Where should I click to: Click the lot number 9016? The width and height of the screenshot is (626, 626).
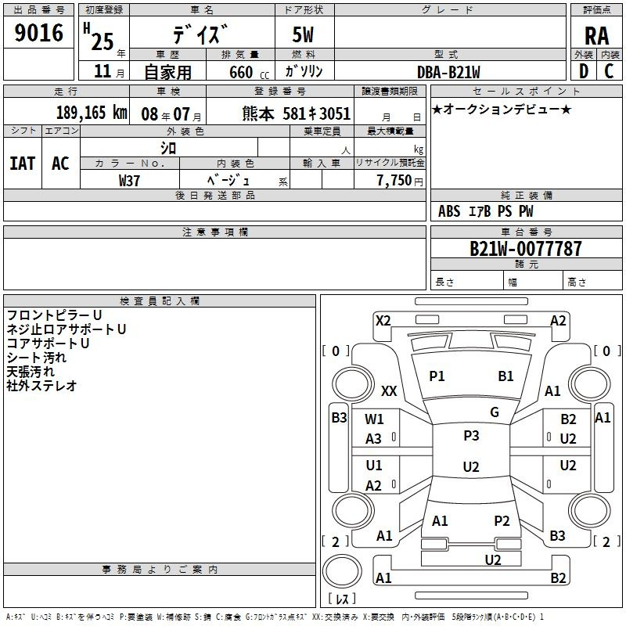tap(38, 33)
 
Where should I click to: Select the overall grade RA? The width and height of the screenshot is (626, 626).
tap(596, 36)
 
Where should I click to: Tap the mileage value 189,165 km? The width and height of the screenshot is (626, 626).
tap(92, 113)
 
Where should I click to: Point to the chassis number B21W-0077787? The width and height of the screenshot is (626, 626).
tap(525, 248)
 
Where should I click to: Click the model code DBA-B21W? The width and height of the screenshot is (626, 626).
tap(448, 72)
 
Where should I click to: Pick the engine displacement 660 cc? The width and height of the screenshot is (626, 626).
tap(249, 72)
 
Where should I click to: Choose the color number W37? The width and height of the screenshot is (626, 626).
tap(129, 181)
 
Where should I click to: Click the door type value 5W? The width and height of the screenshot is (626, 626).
tap(303, 34)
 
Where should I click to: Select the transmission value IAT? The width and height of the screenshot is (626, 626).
tap(23, 164)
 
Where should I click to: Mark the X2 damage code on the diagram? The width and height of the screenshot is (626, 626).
tap(383, 321)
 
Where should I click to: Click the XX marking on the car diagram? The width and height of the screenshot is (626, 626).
tap(389, 390)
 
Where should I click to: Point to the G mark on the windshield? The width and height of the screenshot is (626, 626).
tap(495, 412)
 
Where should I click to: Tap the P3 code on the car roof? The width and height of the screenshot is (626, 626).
tap(471, 435)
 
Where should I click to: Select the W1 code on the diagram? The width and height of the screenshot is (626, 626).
tap(374, 419)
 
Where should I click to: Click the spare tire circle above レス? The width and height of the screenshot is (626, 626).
tap(342, 570)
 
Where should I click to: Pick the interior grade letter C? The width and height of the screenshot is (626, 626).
tap(609, 71)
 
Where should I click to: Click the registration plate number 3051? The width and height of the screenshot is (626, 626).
tap(335, 113)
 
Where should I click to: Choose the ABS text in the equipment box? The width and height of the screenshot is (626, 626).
tap(449, 211)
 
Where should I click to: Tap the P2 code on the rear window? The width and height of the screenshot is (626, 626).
tap(502, 520)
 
